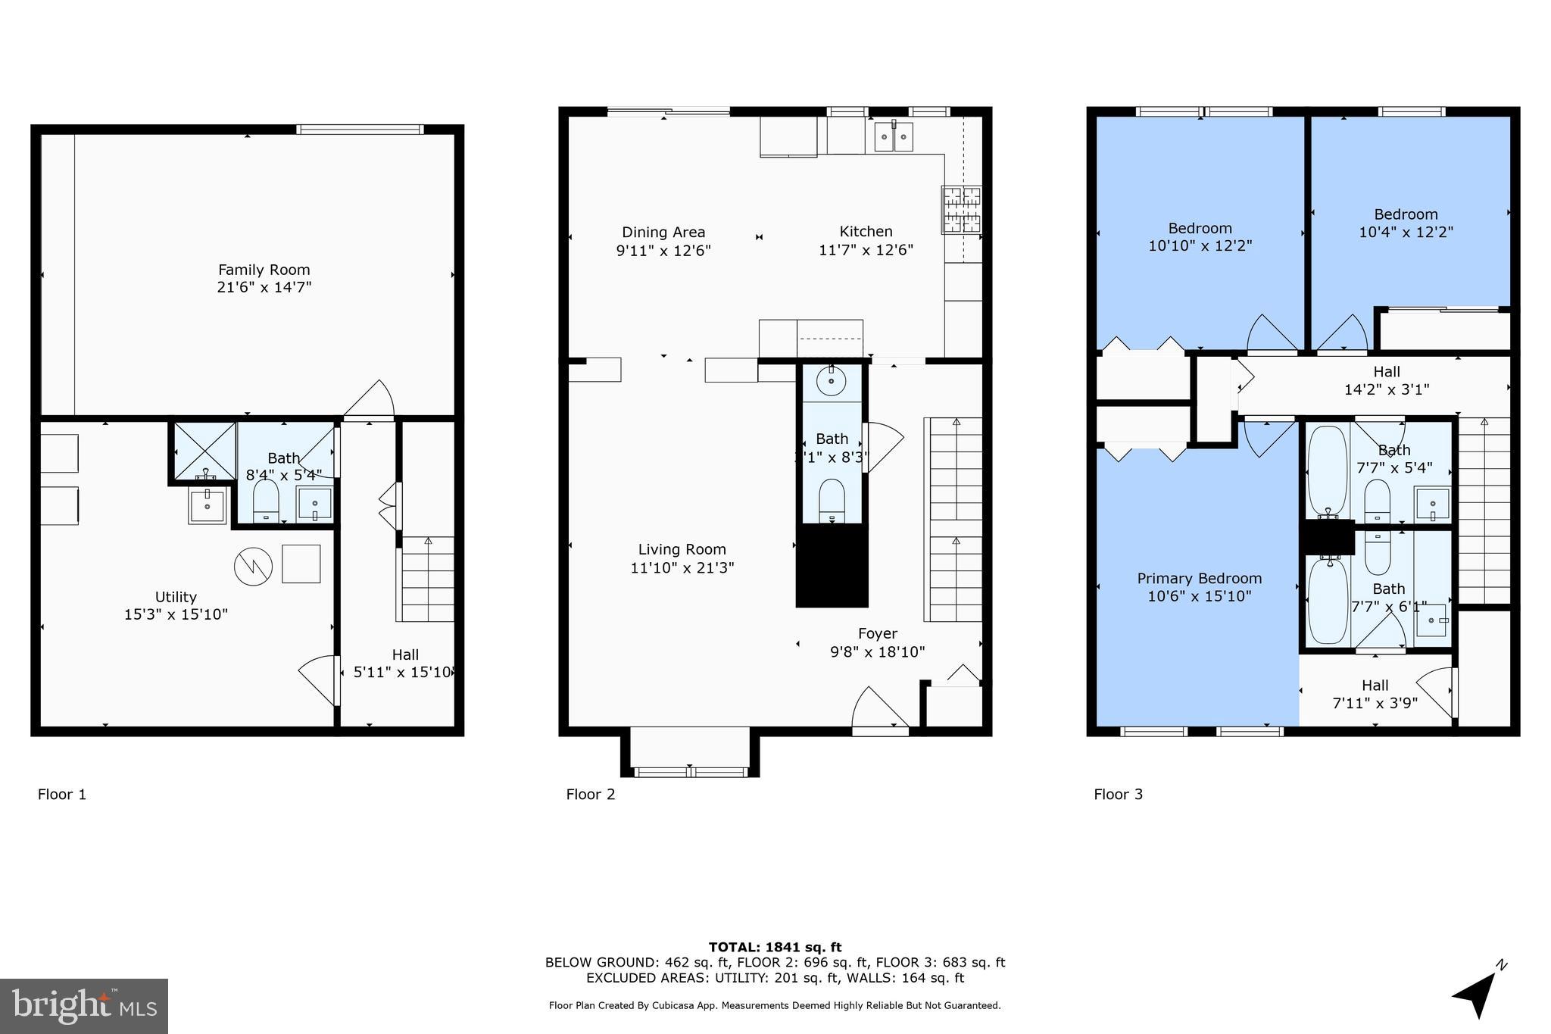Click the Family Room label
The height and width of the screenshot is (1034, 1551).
click(x=264, y=270)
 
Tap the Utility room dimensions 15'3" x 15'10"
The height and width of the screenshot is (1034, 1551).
click(x=176, y=614)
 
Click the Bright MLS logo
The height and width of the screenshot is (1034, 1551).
click(x=84, y=1006)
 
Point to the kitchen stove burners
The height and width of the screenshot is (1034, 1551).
click(x=961, y=210)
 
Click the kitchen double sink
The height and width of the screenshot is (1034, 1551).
click(x=894, y=137)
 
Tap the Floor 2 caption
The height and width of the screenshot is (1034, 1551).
click(x=590, y=794)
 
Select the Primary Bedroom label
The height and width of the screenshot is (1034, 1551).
click(x=1199, y=579)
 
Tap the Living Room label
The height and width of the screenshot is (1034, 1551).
click(x=682, y=550)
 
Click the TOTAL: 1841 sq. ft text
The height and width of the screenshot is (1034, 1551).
click(x=775, y=947)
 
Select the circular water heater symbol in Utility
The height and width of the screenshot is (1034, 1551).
click(x=253, y=566)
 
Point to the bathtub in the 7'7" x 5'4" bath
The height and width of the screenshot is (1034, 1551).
click(x=1327, y=471)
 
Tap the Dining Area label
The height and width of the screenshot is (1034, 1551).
click(x=663, y=233)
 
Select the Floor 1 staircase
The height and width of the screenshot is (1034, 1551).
click(x=426, y=579)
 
